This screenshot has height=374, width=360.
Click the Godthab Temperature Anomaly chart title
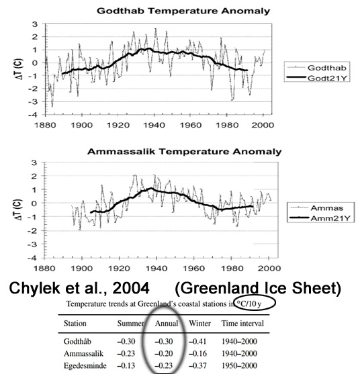[x=183, y=11]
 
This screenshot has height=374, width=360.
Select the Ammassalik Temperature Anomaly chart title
[x=185, y=152]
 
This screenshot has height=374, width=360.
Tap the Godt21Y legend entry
[x=317, y=78]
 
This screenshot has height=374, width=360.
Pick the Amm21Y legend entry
[x=320, y=218]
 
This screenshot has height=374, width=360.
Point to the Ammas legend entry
[x=317, y=208]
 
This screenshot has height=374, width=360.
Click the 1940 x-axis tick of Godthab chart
[x=154, y=125]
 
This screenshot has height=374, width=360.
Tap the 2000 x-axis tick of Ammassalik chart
[x=269, y=268]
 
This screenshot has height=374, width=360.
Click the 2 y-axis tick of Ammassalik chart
[x=35, y=176]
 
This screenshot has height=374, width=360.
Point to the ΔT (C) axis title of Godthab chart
[x=19, y=69]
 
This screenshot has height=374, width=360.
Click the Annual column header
[x=167, y=324]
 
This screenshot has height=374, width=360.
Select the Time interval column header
[x=242, y=323]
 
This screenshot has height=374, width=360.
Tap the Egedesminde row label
[x=85, y=366]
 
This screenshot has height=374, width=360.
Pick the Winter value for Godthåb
[x=197, y=342]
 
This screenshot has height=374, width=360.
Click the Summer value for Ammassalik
[x=126, y=353]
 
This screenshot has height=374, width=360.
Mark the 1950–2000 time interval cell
[x=239, y=366]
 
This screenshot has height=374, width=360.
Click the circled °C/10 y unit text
[x=249, y=303]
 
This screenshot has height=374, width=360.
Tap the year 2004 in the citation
[x=131, y=288]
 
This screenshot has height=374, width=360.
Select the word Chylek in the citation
[x=35, y=288]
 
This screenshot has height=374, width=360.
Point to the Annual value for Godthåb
[x=164, y=342]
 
